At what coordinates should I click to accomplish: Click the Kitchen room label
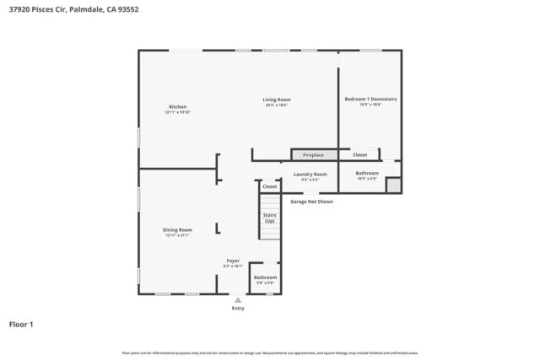point(177,106)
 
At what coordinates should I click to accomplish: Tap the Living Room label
point(277,99)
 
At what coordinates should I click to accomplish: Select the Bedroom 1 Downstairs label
point(370,99)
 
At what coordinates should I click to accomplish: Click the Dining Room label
point(177,229)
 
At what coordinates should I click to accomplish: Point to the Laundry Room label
point(310,174)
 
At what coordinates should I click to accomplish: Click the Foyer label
point(233,261)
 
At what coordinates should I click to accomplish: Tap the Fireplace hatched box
point(314,155)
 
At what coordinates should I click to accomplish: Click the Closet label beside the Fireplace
point(359,155)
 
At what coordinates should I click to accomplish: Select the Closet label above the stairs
point(269,186)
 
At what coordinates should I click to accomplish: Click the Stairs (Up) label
point(270,218)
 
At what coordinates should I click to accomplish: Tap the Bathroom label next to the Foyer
point(265,277)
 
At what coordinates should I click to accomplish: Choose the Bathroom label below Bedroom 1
point(368,173)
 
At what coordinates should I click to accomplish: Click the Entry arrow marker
point(238,299)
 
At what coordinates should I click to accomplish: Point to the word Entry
point(238,308)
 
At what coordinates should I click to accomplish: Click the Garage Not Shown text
point(311,202)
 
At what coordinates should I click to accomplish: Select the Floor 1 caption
point(21,324)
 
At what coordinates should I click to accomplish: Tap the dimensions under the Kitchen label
point(177,112)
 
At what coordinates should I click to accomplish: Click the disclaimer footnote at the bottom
point(270,352)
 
